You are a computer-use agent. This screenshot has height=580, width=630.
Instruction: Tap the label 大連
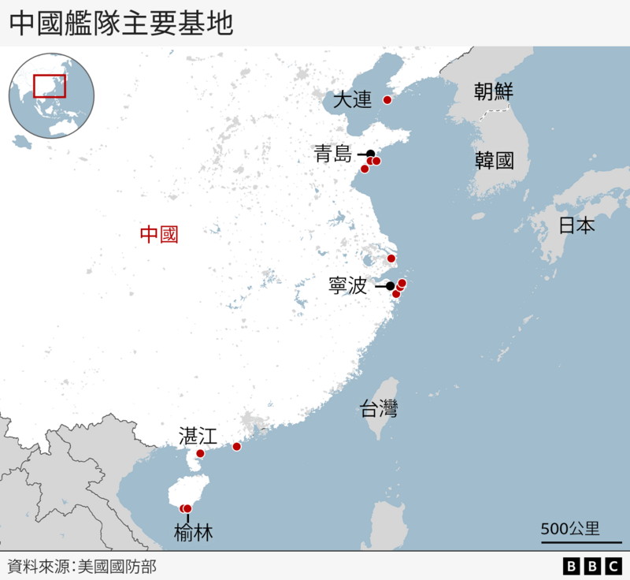(351, 101)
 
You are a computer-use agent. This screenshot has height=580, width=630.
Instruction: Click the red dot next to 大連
(387, 100)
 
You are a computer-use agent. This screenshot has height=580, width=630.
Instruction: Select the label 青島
(332, 154)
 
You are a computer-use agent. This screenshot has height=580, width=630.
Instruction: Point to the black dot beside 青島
(370, 154)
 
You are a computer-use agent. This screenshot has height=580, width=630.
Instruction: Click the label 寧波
(347, 285)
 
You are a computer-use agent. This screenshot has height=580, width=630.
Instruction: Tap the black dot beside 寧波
(390, 286)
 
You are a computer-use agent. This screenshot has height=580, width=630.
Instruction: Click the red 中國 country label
(159, 234)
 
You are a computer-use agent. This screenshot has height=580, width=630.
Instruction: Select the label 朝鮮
(494, 92)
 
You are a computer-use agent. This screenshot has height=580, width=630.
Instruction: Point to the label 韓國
(494, 162)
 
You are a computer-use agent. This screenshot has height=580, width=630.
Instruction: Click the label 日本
(576, 225)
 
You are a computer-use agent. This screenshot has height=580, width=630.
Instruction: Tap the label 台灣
(379, 408)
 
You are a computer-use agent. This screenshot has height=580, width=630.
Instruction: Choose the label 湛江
(198, 435)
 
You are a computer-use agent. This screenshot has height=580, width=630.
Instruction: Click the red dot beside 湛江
(200, 453)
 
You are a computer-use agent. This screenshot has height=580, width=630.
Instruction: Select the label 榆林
(193, 534)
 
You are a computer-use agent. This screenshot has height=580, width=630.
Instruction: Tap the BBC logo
(592, 566)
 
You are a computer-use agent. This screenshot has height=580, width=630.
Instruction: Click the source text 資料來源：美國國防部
(82, 566)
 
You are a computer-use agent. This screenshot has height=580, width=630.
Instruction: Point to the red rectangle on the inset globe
(50, 85)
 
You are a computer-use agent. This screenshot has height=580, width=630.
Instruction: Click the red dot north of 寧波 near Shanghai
(391, 258)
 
